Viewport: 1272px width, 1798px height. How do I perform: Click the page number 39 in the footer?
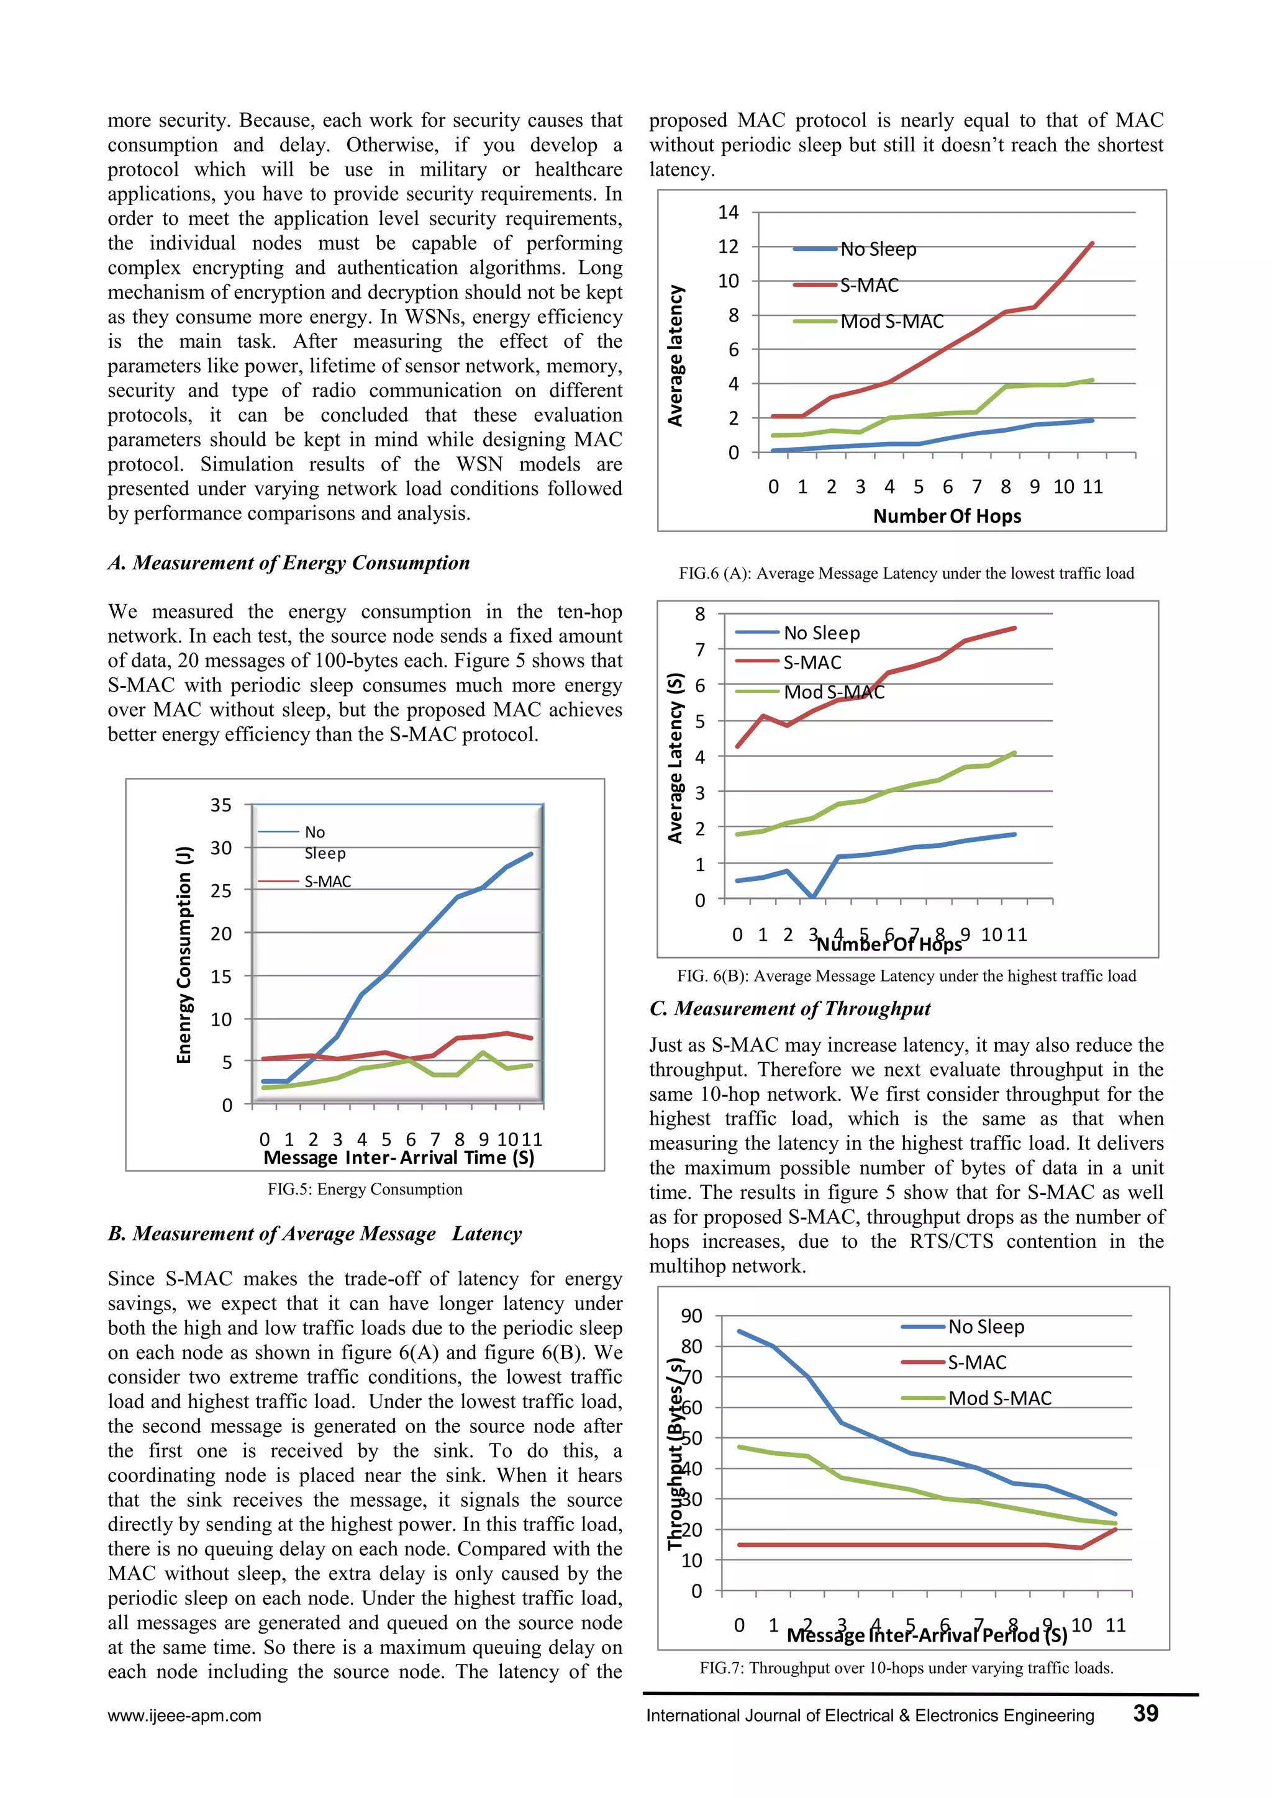pos(1145,1714)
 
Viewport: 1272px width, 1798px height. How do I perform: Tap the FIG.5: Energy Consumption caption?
pos(365,1190)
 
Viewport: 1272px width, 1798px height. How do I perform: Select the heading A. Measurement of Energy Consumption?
pos(288,563)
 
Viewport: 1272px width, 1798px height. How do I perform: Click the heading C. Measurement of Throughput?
pos(789,1009)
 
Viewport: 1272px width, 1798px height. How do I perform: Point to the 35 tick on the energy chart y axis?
pos(221,805)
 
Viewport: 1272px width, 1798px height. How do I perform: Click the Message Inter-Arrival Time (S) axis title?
pos(399,1158)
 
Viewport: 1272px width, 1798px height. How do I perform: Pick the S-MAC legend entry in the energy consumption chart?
pos(327,882)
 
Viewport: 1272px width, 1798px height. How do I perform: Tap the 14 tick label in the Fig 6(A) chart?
pos(729,212)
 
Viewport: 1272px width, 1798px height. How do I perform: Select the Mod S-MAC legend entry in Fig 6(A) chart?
pos(891,321)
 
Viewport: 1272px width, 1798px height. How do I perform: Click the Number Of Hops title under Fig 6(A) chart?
pos(947,516)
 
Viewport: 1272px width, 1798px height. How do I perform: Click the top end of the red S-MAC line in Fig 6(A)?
pos(1092,243)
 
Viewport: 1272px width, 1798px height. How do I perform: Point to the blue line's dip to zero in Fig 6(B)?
pos(812,897)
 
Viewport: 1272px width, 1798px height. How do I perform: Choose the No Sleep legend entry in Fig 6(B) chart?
pos(821,633)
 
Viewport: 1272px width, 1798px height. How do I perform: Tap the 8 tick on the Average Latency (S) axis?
pos(699,614)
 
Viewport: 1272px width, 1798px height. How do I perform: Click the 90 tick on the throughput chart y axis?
pos(692,1316)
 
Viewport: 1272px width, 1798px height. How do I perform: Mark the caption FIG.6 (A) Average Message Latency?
pos(906,573)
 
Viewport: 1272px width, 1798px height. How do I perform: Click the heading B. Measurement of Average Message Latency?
pos(315,1234)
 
